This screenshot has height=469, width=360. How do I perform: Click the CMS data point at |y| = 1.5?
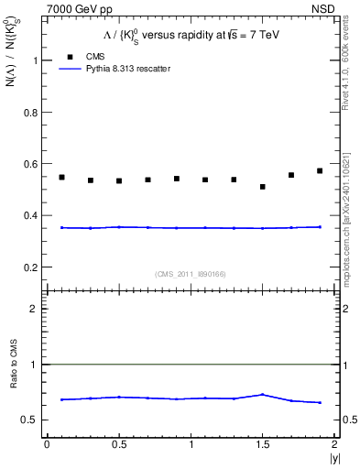point(262,187)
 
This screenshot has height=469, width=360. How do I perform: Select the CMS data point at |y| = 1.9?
point(320,170)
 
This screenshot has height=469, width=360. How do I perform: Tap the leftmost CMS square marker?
point(61,177)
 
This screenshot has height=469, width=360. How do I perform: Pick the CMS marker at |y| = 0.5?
point(119,180)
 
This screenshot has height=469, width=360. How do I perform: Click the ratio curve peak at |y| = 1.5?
point(262,395)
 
